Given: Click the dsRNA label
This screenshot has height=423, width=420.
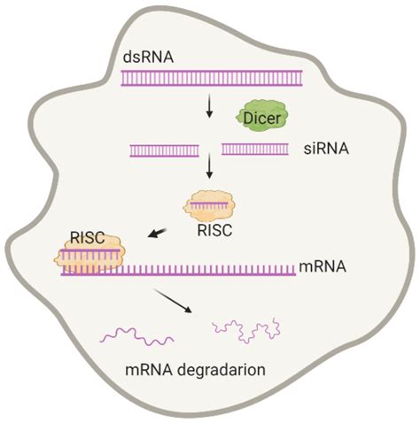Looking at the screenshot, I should tap(147, 58).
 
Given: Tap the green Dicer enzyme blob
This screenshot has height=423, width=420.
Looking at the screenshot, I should tap(262, 114).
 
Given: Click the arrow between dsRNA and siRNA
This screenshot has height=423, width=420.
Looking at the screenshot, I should tap(209, 106).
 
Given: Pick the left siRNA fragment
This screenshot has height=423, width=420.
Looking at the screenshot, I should tap(164, 150).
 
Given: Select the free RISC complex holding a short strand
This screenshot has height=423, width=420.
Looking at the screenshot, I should tap(210, 205).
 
